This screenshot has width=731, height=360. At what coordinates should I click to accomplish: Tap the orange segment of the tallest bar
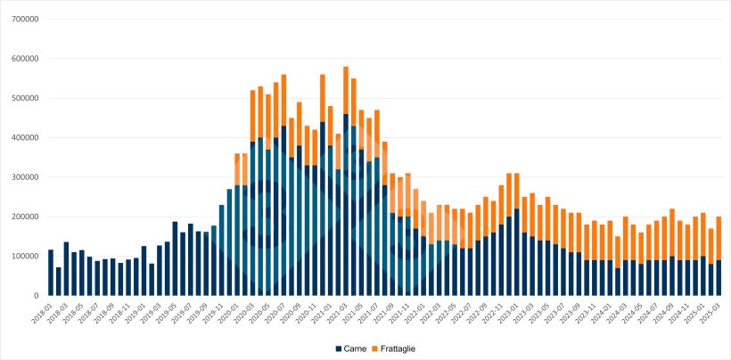tap(346, 90)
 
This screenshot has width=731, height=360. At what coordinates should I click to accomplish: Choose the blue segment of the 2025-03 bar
tap(719, 277)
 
